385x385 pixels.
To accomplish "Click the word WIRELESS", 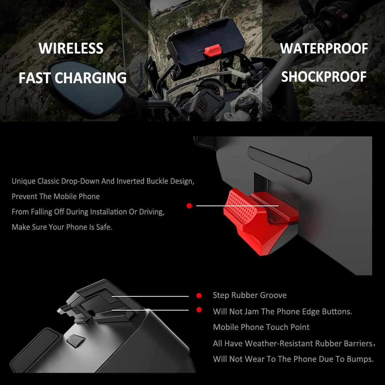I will click(71, 49).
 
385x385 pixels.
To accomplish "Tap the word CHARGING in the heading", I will click(90, 78).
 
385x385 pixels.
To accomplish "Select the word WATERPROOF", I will click(324, 49).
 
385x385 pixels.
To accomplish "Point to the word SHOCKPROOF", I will click(324, 77).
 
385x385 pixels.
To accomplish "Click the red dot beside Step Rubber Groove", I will click(199, 296).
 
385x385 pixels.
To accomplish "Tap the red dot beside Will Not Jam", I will click(199, 310).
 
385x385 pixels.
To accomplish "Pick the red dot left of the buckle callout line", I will click(189, 206).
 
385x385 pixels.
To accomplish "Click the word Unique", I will click(23, 181).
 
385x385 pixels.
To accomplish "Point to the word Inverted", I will click(131, 181).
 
